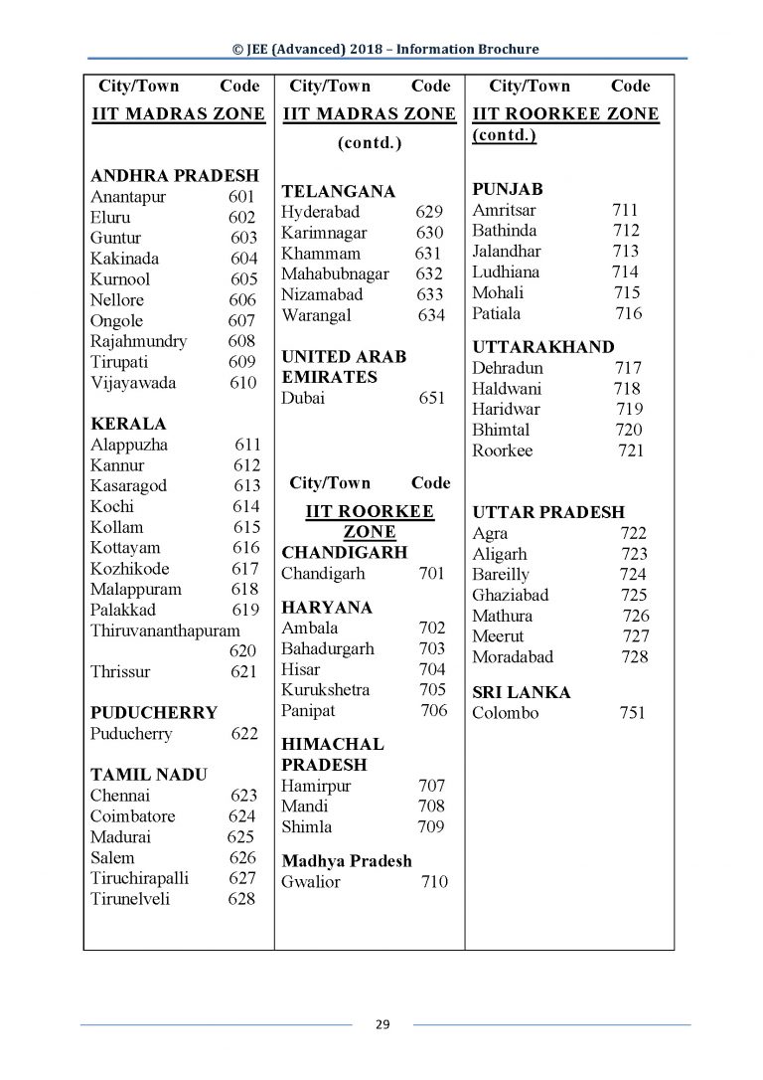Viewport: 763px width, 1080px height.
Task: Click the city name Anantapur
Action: (128, 197)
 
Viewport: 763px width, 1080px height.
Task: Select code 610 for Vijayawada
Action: (242, 383)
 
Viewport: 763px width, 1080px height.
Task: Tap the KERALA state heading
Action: (128, 424)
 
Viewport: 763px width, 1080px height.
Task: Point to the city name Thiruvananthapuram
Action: (165, 630)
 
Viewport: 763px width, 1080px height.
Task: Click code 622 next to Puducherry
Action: (243, 734)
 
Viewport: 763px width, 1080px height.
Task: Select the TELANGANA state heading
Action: (339, 191)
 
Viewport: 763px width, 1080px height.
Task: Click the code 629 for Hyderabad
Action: (429, 212)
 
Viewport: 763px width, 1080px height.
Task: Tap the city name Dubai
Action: (303, 399)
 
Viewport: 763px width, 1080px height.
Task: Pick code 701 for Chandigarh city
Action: (432, 574)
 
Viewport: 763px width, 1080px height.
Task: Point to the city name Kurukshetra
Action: (326, 690)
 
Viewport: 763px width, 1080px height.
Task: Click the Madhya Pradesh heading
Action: (347, 861)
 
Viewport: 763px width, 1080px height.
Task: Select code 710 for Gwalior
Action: (434, 882)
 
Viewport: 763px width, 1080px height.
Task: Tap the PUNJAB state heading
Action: (507, 189)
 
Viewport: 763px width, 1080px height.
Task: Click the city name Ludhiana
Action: (506, 271)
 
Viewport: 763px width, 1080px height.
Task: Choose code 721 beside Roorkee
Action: (630, 450)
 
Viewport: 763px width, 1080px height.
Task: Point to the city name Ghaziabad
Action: (511, 595)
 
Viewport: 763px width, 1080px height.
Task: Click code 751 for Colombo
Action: (631, 713)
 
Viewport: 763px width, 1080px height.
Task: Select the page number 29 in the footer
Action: (381, 1025)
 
